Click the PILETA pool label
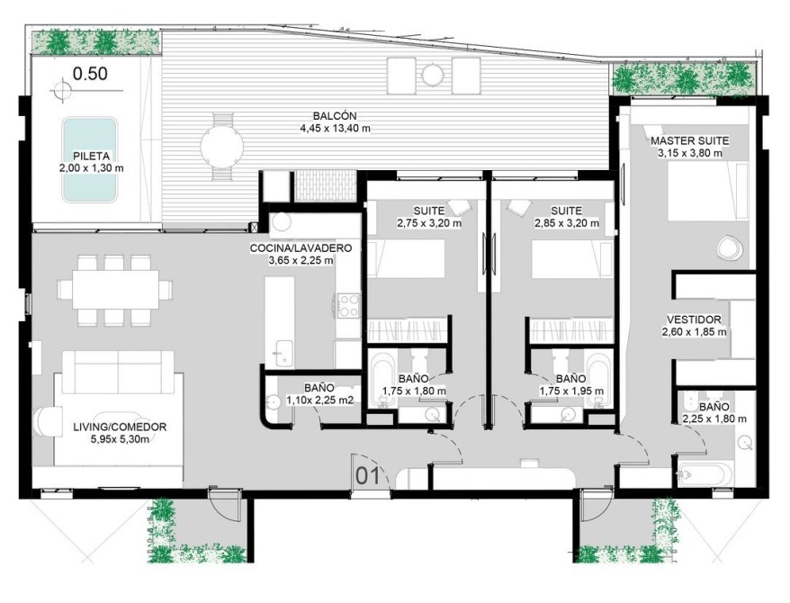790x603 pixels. pos(91,157)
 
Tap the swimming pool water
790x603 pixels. pos(90,159)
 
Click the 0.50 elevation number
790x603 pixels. pos(90,74)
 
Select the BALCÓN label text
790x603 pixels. pos(335,116)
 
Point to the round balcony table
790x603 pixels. pos(221,147)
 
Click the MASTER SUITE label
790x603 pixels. pos(689,141)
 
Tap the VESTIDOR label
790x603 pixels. pos(694,319)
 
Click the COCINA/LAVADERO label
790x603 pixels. pos(301,248)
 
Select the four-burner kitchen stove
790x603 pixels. pos(348,306)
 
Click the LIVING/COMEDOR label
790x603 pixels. pos(120,427)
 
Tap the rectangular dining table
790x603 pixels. pos(115,290)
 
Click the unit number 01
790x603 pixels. pos(368,476)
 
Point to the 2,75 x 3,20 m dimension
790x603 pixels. pos(429,223)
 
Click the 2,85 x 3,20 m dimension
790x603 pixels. pos(567,223)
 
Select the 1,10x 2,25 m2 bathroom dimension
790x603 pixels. pos(320,400)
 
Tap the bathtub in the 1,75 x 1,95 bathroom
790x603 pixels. pos(598,382)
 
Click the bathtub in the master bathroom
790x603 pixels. pos(704,475)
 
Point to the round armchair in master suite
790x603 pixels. pos(729,247)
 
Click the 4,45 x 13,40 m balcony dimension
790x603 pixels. pos(335,129)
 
